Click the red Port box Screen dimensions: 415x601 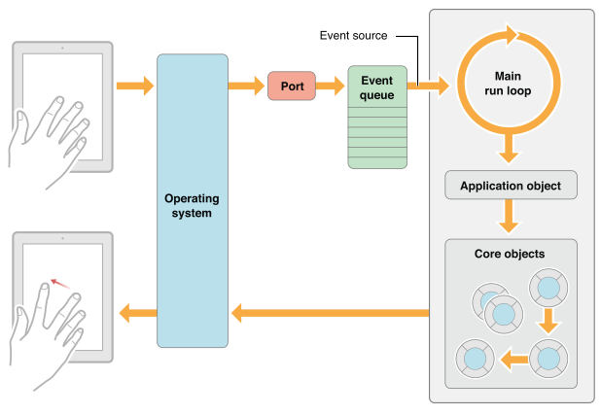[293, 86]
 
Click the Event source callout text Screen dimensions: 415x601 [354, 36]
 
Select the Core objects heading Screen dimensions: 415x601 [510, 254]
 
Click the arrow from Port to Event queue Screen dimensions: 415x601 [332, 86]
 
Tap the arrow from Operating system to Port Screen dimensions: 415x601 [247, 86]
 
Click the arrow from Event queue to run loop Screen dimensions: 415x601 [429, 86]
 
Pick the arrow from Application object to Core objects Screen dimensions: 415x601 [507, 217]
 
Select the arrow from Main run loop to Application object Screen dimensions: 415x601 [507, 149]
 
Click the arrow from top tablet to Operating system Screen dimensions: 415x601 [134, 86]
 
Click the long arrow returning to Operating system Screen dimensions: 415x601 [331, 313]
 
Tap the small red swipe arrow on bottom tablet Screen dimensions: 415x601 [60, 283]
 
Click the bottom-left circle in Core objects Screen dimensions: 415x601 [476, 359]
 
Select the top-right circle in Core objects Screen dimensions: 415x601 [548, 289]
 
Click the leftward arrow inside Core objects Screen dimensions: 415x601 [513, 360]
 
